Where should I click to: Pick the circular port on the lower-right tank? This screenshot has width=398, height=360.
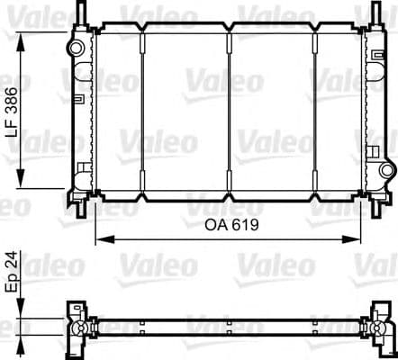pos(387,169)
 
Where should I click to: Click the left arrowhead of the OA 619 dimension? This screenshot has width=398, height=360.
pos(99,238)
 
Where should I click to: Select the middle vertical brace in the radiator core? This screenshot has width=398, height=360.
pos(230,108)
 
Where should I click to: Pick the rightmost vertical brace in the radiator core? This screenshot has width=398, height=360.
pos(315,108)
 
